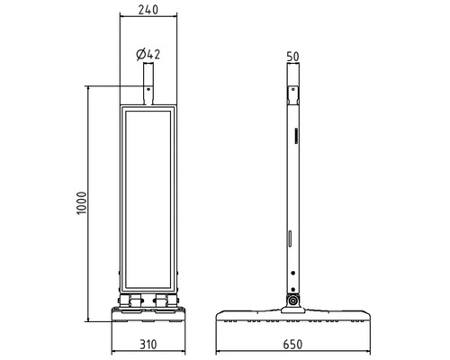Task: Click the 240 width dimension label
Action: click(148, 10)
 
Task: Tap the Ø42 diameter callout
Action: click(148, 54)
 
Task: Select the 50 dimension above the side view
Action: click(292, 57)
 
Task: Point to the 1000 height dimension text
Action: click(81, 202)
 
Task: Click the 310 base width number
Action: click(148, 345)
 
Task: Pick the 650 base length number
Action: click(292, 345)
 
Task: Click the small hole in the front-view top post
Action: click(148, 89)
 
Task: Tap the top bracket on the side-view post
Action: click(293, 95)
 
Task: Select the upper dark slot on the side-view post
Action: click(296, 136)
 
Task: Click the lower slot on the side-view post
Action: click(290, 238)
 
